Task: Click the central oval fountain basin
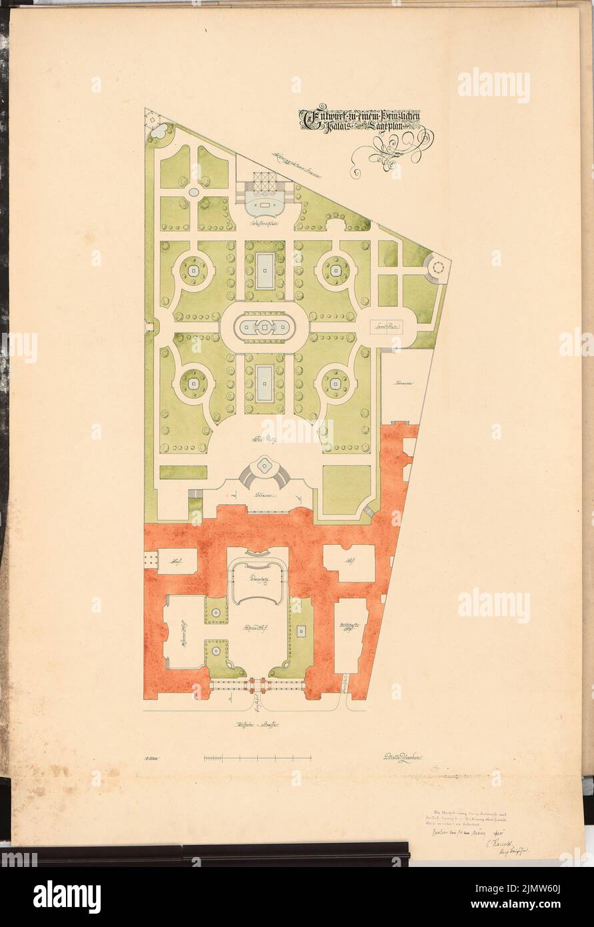coord(265,327)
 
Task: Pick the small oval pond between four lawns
coord(193,192)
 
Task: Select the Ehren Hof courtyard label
coord(257,629)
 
